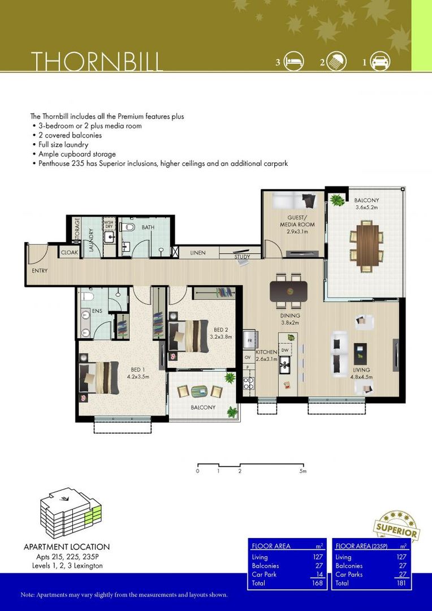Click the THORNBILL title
click(x=97, y=61)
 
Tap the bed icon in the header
click(x=295, y=61)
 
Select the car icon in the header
click(x=380, y=61)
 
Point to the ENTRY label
click(x=40, y=271)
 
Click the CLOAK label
click(x=69, y=253)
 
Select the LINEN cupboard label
click(x=198, y=253)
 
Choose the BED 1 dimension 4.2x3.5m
click(x=137, y=376)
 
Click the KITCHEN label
click(x=266, y=352)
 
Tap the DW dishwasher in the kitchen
click(x=284, y=351)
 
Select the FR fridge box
click(x=248, y=341)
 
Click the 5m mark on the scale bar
click(x=303, y=471)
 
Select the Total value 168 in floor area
click(x=318, y=583)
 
